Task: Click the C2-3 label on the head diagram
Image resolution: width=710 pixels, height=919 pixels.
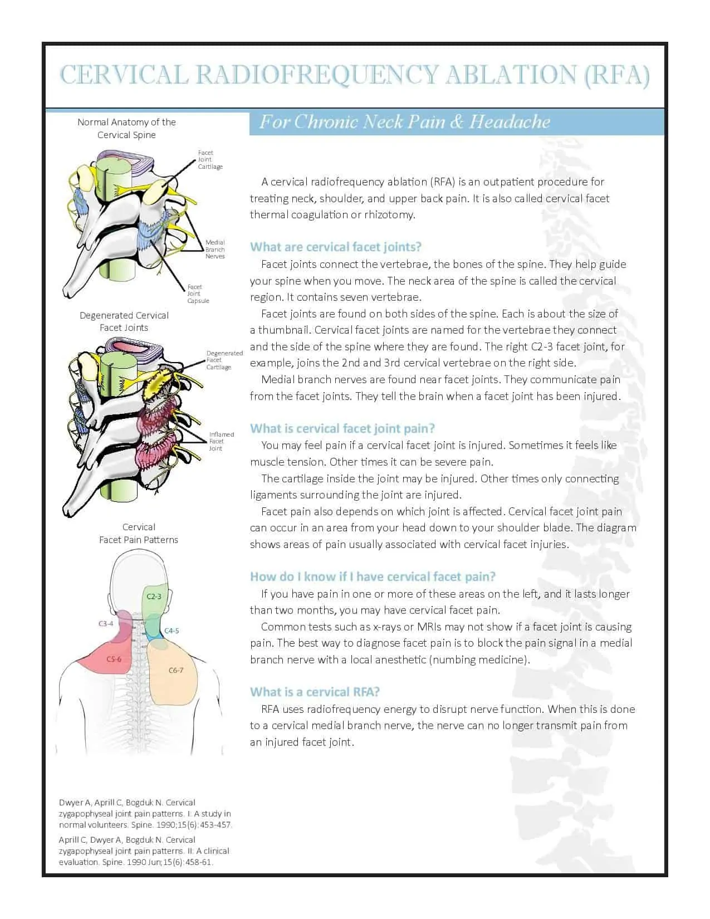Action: (x=154, y=597)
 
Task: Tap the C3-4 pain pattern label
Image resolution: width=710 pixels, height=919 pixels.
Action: (x=106, y=624)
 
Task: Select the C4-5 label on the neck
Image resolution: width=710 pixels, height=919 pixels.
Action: (x=172, y=631)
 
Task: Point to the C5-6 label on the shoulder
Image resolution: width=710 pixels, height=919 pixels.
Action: (x=114, y=659)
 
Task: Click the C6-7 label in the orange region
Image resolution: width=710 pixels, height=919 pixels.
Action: (x=176, y=670)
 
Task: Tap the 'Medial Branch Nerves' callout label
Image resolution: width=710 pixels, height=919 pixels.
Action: (x=215, y=250)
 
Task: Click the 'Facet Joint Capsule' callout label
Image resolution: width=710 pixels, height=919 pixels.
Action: (x=198, y=294)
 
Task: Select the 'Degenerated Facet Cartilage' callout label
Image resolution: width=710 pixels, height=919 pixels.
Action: (x=224, y=360)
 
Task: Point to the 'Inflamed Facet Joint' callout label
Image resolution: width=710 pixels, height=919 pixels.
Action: (x=221, y=441)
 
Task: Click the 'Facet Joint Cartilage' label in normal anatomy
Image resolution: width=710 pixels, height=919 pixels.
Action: (x=210, y=160)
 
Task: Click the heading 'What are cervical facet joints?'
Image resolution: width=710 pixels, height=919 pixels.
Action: (x=336, y=247)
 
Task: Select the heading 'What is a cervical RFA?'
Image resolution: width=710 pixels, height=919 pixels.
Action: (x=315, y=692)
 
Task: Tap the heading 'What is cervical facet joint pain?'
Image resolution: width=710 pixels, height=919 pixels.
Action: (x=342, y=428)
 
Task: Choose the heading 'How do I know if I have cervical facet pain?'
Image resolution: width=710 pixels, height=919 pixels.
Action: (x=373, y=576)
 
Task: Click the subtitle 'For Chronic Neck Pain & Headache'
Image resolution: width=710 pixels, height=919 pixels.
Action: (x=404, y=121)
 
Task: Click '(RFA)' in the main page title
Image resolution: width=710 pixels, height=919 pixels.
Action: (x=616, y=75)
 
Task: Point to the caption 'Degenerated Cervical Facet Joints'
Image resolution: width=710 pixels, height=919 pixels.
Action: (x=124, y=321)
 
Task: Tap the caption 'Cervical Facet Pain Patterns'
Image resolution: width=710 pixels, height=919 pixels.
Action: (x=138, y=533)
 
